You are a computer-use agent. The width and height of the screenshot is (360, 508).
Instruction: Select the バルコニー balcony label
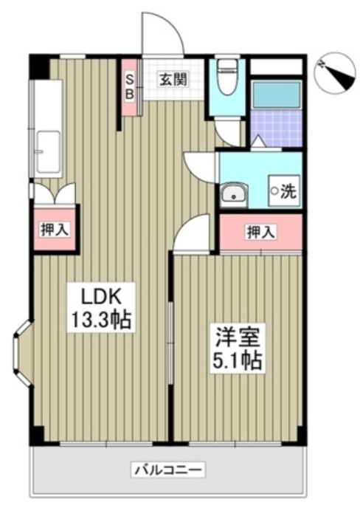tap(169, 470)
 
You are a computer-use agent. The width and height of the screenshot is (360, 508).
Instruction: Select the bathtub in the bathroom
tap(277, 95)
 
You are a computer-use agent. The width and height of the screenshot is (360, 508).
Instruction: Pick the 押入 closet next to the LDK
tap(55, 229)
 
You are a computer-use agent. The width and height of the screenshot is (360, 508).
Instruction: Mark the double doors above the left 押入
tap(55, 193)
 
